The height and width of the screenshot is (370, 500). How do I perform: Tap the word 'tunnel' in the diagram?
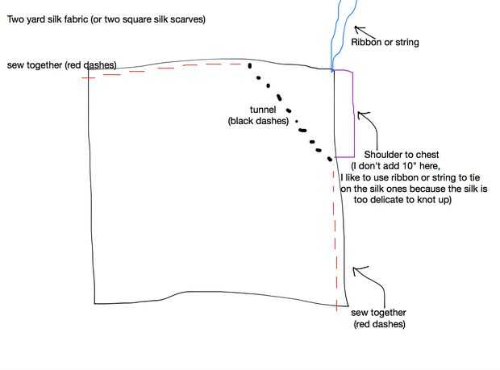point(262,109)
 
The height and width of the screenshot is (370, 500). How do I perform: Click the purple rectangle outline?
point(354,113)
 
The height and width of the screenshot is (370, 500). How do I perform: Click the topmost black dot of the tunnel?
point(249,65)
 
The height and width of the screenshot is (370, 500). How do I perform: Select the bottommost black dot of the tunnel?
point(330,160)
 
